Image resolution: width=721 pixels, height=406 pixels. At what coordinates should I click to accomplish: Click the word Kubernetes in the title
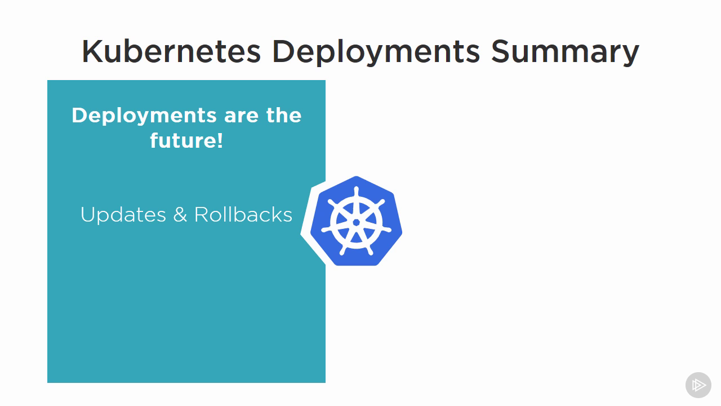[171, 51]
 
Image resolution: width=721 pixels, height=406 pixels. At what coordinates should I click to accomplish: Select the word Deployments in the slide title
[376, 53]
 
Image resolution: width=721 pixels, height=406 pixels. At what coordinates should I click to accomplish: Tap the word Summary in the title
[565, 53]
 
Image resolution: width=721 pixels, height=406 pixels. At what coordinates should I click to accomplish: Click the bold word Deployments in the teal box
[144, 116]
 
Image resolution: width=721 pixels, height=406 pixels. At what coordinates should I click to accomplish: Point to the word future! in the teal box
[186, 140]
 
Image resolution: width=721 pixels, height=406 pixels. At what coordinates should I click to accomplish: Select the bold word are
[242, 116]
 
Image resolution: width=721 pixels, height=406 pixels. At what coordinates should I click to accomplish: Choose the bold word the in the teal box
[284, 115]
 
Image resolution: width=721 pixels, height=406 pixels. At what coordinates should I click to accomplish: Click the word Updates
[123, 215]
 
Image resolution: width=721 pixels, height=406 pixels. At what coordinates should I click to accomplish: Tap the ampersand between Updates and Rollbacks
[180, 214]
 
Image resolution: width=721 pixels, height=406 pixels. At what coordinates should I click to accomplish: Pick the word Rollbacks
[243, 214]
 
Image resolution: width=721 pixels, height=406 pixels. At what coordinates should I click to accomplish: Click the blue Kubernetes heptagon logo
[357, 221]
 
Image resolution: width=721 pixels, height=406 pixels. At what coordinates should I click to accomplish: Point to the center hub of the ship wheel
[357, 222]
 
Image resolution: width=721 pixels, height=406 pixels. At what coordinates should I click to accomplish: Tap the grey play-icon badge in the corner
[698, 385]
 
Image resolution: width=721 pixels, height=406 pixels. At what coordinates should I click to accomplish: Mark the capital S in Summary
[501, 51]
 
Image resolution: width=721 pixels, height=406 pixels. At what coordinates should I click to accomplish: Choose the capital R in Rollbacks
[202, 214]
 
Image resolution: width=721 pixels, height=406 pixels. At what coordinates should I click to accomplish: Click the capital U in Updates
[87, 215]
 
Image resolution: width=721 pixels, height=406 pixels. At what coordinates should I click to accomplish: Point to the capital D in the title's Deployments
[283, 51]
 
